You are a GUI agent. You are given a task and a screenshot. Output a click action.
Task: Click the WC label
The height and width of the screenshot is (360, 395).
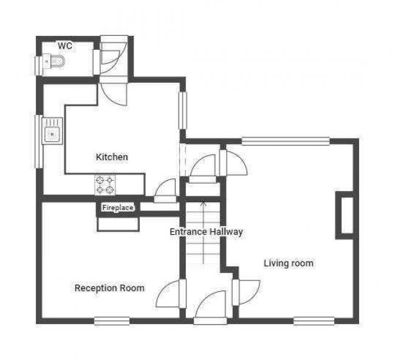[65, 46]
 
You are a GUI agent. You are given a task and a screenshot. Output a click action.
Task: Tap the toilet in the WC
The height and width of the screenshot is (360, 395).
[53, 61]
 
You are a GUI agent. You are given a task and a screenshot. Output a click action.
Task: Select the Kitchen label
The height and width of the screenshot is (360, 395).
[112, 157]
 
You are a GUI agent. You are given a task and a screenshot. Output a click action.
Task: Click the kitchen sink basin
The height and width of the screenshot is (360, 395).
[52, 134]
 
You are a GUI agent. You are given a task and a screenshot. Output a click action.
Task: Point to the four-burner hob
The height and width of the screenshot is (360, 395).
[105, 185]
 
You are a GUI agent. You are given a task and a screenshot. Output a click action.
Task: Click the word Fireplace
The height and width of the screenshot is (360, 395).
[118, 208]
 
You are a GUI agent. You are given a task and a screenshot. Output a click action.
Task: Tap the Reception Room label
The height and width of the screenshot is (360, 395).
[109, 288]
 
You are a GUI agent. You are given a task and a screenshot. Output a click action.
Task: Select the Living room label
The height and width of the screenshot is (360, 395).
[289, 263]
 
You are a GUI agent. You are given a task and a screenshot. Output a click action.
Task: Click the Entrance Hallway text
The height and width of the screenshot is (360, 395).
[207, 232]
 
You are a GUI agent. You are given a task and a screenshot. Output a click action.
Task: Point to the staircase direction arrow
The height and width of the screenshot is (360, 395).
[203, 232]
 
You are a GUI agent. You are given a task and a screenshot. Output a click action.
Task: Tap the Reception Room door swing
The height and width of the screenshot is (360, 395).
[168, 294]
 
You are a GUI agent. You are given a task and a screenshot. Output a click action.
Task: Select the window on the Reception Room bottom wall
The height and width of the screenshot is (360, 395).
[112, 321]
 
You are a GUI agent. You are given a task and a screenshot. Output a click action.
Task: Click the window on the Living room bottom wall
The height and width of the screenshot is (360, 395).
[314, 321]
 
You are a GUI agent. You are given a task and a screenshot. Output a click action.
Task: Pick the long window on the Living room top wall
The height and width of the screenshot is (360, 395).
[286, 141]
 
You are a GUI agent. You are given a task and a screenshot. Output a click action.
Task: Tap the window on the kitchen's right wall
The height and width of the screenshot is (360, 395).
[183, 111]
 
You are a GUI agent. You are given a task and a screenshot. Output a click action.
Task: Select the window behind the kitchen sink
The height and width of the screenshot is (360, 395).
[38, 142]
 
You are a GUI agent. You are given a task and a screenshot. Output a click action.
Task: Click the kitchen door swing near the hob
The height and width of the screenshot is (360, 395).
[165, 187]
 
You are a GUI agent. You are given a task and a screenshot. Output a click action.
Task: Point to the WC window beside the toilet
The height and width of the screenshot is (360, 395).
[38, 65]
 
